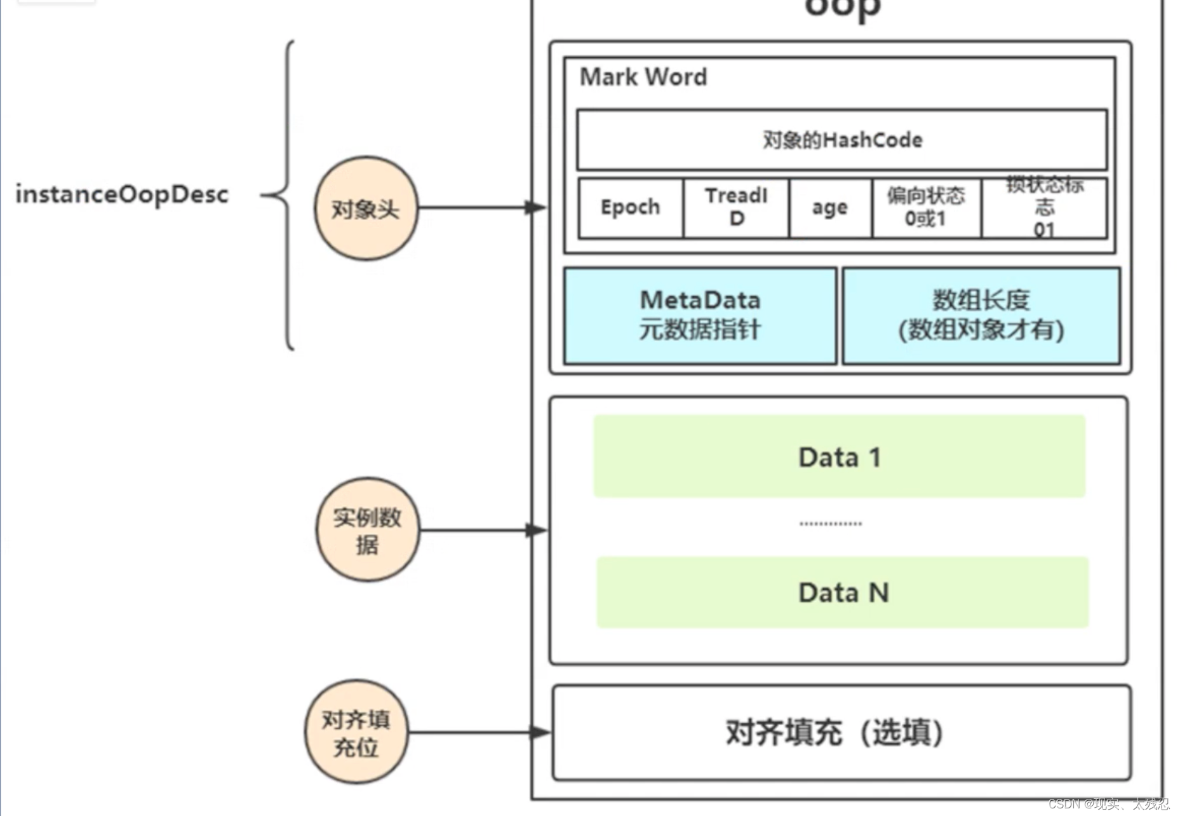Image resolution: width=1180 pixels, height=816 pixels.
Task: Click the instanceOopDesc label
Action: point(122,194)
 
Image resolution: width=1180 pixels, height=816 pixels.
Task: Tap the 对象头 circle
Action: point(366,208)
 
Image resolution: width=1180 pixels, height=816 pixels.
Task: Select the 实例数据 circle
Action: point(368,530)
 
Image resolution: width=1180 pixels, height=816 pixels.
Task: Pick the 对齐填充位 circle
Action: point(356,732)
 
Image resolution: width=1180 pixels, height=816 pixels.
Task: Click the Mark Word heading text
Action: point(643,78)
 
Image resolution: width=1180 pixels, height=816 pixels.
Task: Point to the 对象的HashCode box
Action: point(841,140)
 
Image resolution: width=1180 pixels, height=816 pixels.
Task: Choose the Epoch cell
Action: point(631,208)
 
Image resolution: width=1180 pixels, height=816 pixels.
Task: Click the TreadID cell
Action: point(736,208)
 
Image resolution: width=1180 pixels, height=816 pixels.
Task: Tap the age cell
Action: point(830,208)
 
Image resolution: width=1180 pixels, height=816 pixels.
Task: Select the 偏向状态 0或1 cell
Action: point(926,208)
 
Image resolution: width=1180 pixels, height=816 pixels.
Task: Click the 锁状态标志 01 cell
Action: point(1044,208)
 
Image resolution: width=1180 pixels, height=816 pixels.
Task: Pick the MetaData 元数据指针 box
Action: point(700,316)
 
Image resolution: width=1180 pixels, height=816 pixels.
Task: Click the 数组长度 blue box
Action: point(981,316)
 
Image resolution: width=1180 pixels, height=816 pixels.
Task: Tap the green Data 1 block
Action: point(839,456)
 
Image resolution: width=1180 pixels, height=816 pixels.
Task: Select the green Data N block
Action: point(843,592)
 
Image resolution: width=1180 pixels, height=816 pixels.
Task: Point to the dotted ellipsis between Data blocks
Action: point(830,524)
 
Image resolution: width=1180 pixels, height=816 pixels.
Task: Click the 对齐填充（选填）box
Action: point(841,732)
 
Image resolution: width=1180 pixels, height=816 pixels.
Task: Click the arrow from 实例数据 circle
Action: point(483,530)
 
